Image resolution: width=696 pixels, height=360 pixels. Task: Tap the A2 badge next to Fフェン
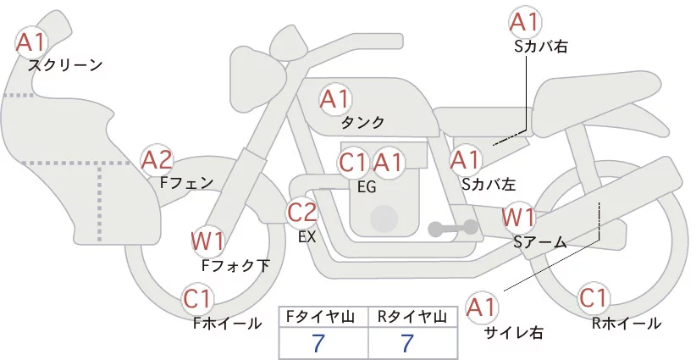(157, 159)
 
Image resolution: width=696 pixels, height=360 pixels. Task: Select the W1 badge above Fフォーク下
(207, 241)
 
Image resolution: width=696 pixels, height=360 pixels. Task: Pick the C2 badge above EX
(302, 212)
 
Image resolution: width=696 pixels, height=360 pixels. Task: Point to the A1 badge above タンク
(334, 99)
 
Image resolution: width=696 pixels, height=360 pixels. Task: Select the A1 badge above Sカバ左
(465, 158)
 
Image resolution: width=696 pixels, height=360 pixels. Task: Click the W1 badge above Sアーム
(518, 217)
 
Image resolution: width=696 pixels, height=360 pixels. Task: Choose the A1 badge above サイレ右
(483, 306)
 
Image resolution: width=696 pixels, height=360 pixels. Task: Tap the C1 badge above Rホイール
(594, 299)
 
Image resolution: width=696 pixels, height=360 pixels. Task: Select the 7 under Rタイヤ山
(408, 343)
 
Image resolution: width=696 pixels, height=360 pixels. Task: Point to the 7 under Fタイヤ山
(318, 343)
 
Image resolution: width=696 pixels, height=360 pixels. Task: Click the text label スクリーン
(65, 64)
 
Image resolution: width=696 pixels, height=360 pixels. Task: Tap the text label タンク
(363, 122)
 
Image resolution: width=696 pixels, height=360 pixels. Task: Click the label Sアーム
(539, 242)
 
